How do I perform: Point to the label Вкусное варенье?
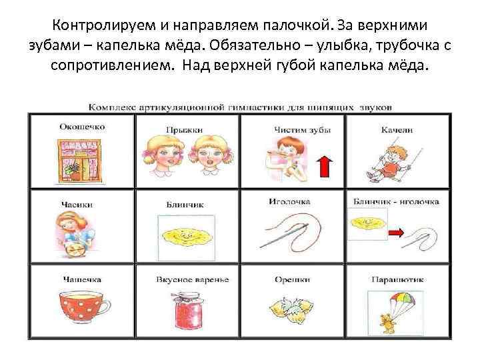coord(192,279)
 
